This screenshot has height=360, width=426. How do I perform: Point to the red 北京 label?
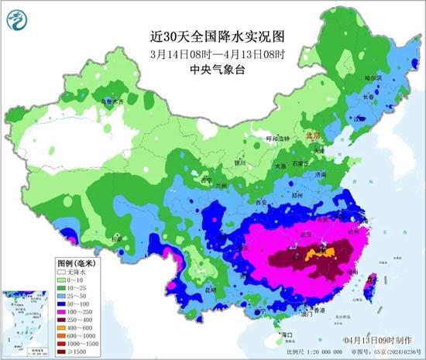[x=313, y=135]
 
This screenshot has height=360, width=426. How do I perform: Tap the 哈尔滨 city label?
[x=373, y=78]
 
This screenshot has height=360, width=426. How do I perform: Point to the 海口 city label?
[x=287, y=334]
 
